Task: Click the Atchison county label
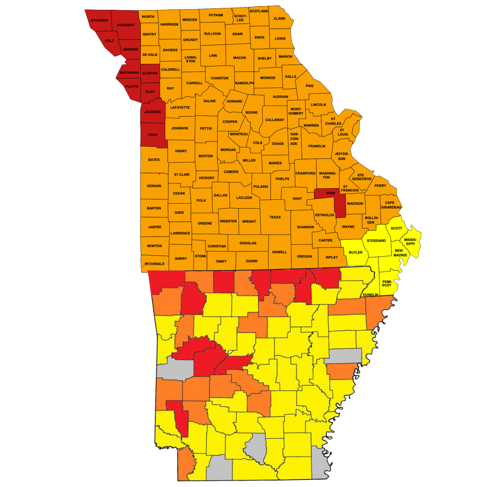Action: (99, 20)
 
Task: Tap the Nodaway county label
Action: (126, 25)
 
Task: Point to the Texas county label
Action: (275, 217)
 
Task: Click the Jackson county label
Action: (153, 112)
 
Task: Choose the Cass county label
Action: (152, 135)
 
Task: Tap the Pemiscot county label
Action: (387, 283)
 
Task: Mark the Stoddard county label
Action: (376, 241)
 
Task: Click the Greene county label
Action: (205, 223)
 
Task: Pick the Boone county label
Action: (252, 112)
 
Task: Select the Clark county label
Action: (280, 19)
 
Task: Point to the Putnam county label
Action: (216, 15)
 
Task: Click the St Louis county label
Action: (343, 132)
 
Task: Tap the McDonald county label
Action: (155, 264)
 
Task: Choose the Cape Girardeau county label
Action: (391, 205)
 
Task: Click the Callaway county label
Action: (275, 120)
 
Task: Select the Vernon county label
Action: (154, 186)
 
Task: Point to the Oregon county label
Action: (305, 256)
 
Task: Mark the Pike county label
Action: (310, 86)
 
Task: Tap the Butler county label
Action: (356, 252)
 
